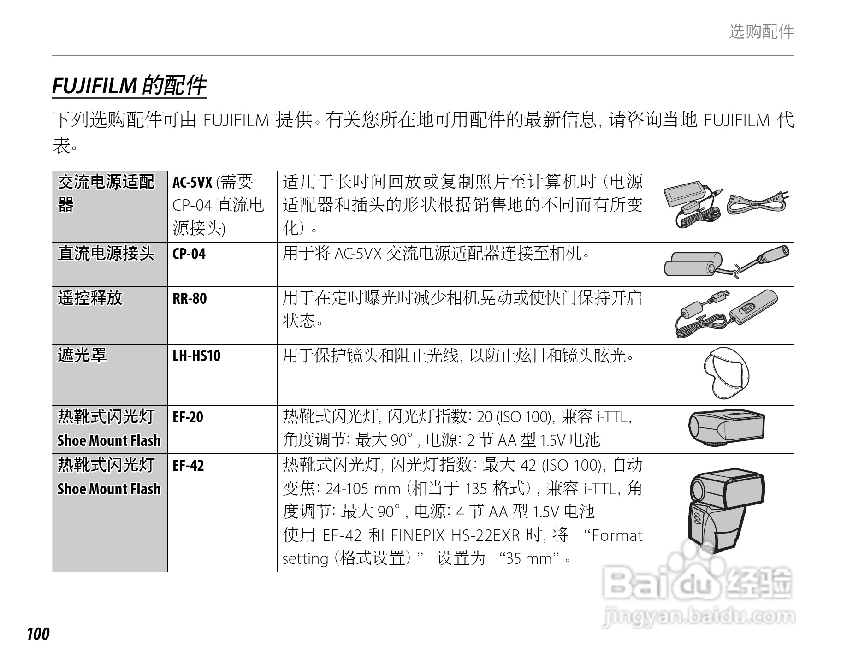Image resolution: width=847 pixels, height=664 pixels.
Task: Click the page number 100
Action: click(38, 634)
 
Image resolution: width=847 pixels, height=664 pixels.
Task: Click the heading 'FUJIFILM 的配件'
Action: click(129, 85)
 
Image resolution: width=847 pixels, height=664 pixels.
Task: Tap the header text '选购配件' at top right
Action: click(761, 32)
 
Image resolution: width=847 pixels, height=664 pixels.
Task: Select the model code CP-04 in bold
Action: click(189, 254)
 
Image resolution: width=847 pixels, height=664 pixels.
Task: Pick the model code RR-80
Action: click(190, 299)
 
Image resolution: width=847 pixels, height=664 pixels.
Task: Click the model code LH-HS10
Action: click(196, 356)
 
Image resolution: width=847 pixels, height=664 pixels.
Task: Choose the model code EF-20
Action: click(188, 417)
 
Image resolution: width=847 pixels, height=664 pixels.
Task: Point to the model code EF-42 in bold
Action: click(188, 466)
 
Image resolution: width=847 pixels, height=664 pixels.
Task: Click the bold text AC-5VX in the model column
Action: click(192, 183)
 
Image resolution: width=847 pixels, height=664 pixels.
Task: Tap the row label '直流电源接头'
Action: click(106, 254)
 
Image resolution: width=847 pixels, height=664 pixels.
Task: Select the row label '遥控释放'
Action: click(90, 298)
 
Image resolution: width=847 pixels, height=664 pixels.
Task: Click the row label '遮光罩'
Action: click(82, 356)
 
